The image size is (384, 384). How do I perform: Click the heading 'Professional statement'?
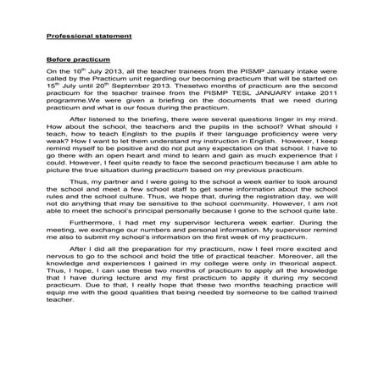[88, 37]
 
